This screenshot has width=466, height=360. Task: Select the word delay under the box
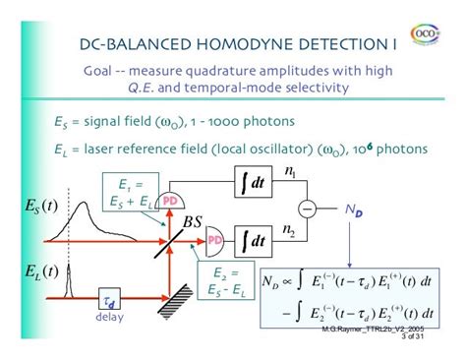[x=109, y=318]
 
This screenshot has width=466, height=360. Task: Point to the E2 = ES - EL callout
[x=223, y=281]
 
